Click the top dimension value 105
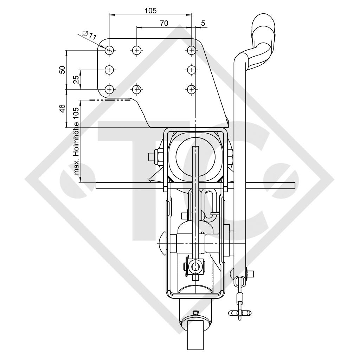pyautogui.click(x=150, y=11)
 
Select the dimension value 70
pyautogui.click(x=164, y=23)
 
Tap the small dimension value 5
pyautogui.click(x=203, y=23)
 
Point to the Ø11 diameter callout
pyautogui.click(x=89, y=35)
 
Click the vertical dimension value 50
pyautogui.click(x=62, y=70)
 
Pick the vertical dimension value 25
pyautogui.click(x=76, y=80)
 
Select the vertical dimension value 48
pyautogui.click(x=62, y=109)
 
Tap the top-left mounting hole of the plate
pyautogui.click(x=110, y=50)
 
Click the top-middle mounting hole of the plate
pyautogui.click(x=136, y=50)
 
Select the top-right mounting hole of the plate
pyautogui.click(x=191, y=50)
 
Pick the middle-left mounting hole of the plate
pyautogui.click(x=110, y=70)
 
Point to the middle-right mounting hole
pyautogui.click(x=191, y=70)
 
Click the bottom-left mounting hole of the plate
pyautogui.click(x=110, y=89)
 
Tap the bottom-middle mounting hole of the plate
pyautogui.click(x=136, y=89)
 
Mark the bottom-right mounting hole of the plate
pyautogui.click(x=191, y=89)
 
